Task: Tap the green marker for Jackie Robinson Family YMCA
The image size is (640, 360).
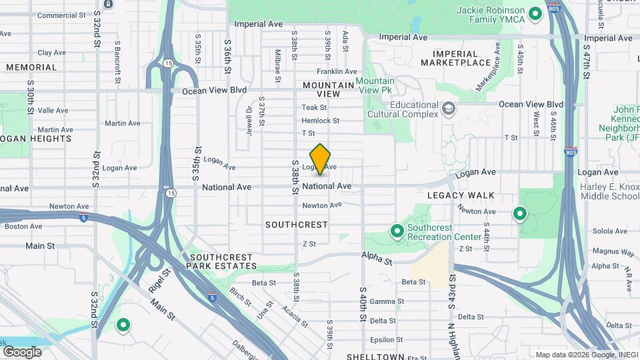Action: click(x=534, y=13)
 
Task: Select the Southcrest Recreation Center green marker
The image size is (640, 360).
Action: click(x=397, y=231)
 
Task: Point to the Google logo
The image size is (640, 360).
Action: click(x=22, y=351)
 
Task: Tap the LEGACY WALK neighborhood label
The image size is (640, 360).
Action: click(x=464, y=195)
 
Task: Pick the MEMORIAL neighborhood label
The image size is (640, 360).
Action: click(x=31, y=67)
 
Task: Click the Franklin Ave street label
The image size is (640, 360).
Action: click(x=337, y=71)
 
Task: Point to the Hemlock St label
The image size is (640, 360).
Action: click(x=321, y=121)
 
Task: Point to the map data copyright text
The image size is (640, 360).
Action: click(x=586, y=355)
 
